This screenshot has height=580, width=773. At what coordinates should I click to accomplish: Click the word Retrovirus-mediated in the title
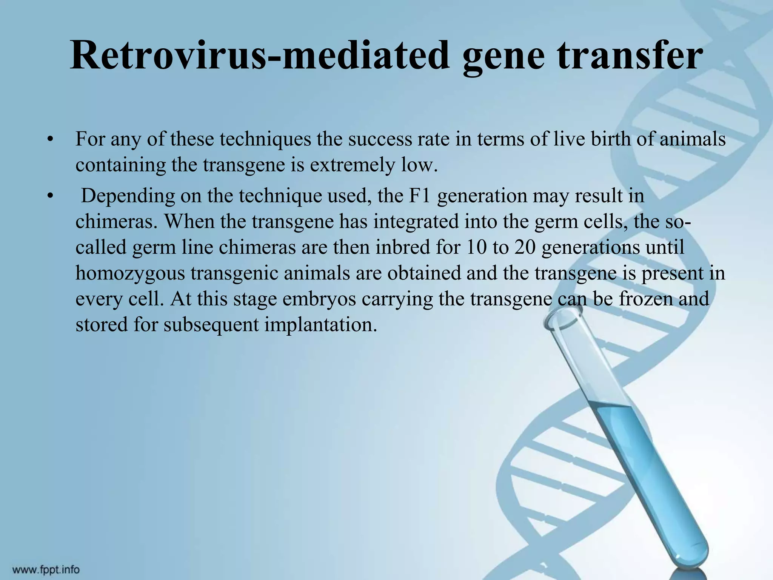coord(260,56)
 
